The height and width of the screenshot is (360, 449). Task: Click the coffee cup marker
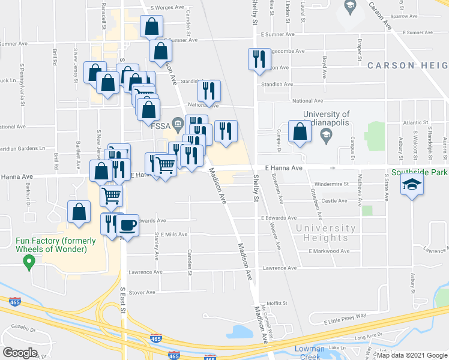click(x=127, y=225)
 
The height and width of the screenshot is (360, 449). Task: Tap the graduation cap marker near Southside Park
click(x=412, y=185)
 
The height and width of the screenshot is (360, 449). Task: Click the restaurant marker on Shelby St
click(x=259, y=59)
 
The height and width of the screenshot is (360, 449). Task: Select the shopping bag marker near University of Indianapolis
click(x=300, y=132)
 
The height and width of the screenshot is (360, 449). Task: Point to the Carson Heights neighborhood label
click(x=408, y=65)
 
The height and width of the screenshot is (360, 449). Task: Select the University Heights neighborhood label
click(x=326, y=233)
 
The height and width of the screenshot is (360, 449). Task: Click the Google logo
click(x=20, y=353)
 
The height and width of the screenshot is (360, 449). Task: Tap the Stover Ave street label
click(x=142, y=293)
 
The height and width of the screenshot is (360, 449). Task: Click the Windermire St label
click(x=330, y=184)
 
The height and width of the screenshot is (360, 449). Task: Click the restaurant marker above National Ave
click(x=209, y=91)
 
